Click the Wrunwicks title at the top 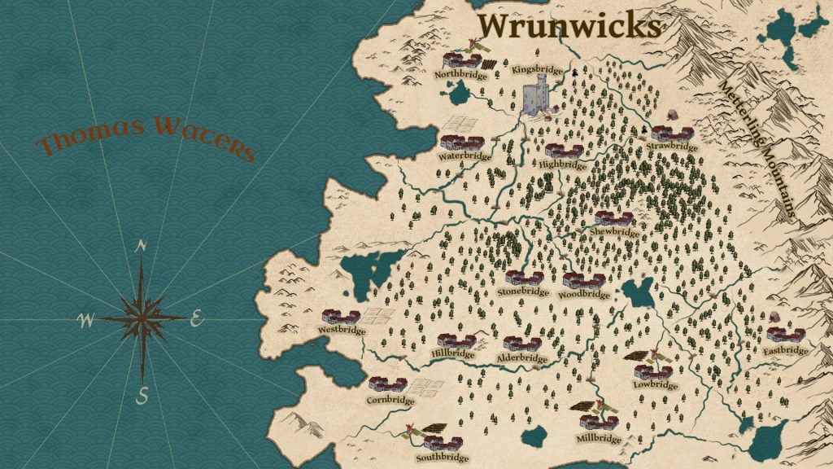pos(569,25)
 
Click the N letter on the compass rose pos(142,247)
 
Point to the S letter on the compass pos(142,396)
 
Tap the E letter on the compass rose pos(196,320)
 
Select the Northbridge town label pos(460,75)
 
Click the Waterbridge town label pos(465,156)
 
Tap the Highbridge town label pos(562,164)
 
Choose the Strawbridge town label pos(673,147)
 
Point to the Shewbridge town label pos(615,232)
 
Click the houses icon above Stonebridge pos(524,278)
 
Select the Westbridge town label pos(342,331)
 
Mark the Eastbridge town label pos(786,351)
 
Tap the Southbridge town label pos(442,458)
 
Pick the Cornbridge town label pos(390,400)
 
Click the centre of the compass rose pos(142,318)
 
